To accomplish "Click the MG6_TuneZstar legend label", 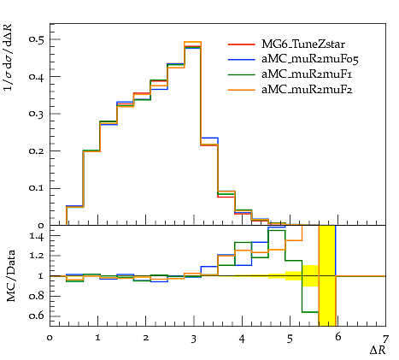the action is [303, 44].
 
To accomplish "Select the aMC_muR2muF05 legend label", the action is [310, 59].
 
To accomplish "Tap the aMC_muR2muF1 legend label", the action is [307, 74].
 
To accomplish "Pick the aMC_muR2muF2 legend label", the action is [307, 90].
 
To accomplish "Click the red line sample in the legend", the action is [242, 44].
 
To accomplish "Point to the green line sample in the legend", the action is [242, 74].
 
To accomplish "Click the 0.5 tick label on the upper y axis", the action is [37, 39].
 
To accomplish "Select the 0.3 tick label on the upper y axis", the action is [37, 114].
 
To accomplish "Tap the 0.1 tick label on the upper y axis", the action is [37, 188].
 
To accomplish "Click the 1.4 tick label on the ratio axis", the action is [37, 236].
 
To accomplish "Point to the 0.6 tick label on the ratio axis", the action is [37, 316].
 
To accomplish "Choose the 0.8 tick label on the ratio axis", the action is [37, 296].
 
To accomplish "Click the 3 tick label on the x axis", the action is [194, 339].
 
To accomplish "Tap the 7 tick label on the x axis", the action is [385, 339].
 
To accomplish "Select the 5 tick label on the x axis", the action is [290, 339].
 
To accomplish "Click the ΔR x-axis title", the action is [378, 350].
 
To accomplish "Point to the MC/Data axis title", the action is [10, 275].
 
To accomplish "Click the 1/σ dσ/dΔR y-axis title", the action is [9, 57].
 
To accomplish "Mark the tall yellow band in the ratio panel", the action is [327, 275].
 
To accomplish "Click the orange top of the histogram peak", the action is [193, 42].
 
